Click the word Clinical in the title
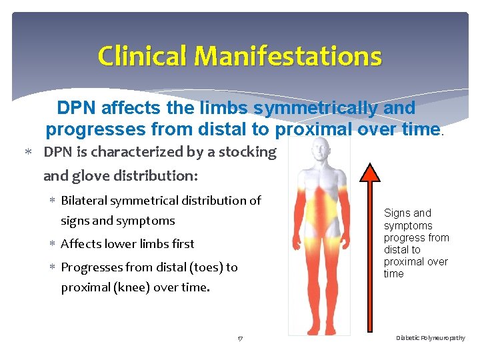point(142,56)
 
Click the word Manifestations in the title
point(288,56)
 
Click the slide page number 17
point(240,339)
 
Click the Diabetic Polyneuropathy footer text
point(431,339)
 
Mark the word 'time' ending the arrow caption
point(394,274)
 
